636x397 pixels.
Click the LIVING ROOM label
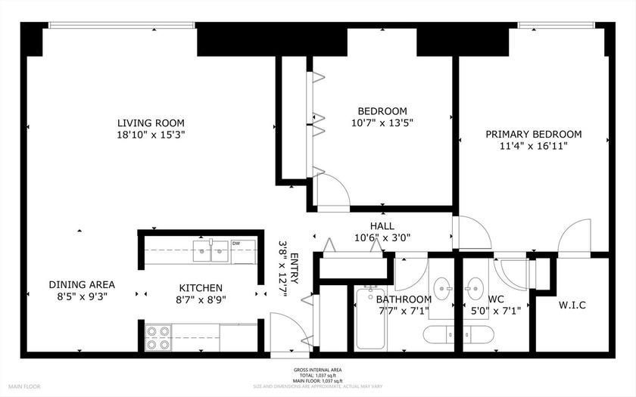click(x=150, y=123)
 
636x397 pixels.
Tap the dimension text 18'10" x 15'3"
click(x=150, y=135)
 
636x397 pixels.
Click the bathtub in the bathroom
click(x=370, y=318)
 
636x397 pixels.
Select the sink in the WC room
click(x=475, y=287)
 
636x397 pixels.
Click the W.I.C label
click(x=572, y=306)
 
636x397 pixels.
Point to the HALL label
click(x=382, y=226)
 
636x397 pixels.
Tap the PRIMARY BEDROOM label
click(x=534, y=135)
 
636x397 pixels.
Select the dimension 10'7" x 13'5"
click(x=382, y=122)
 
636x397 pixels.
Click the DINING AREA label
click(x=82, y=284)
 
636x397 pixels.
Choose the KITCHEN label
click(x=201, y=287)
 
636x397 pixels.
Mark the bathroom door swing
click(x=410, y=268)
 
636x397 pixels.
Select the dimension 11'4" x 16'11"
click(x=534, y=146)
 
